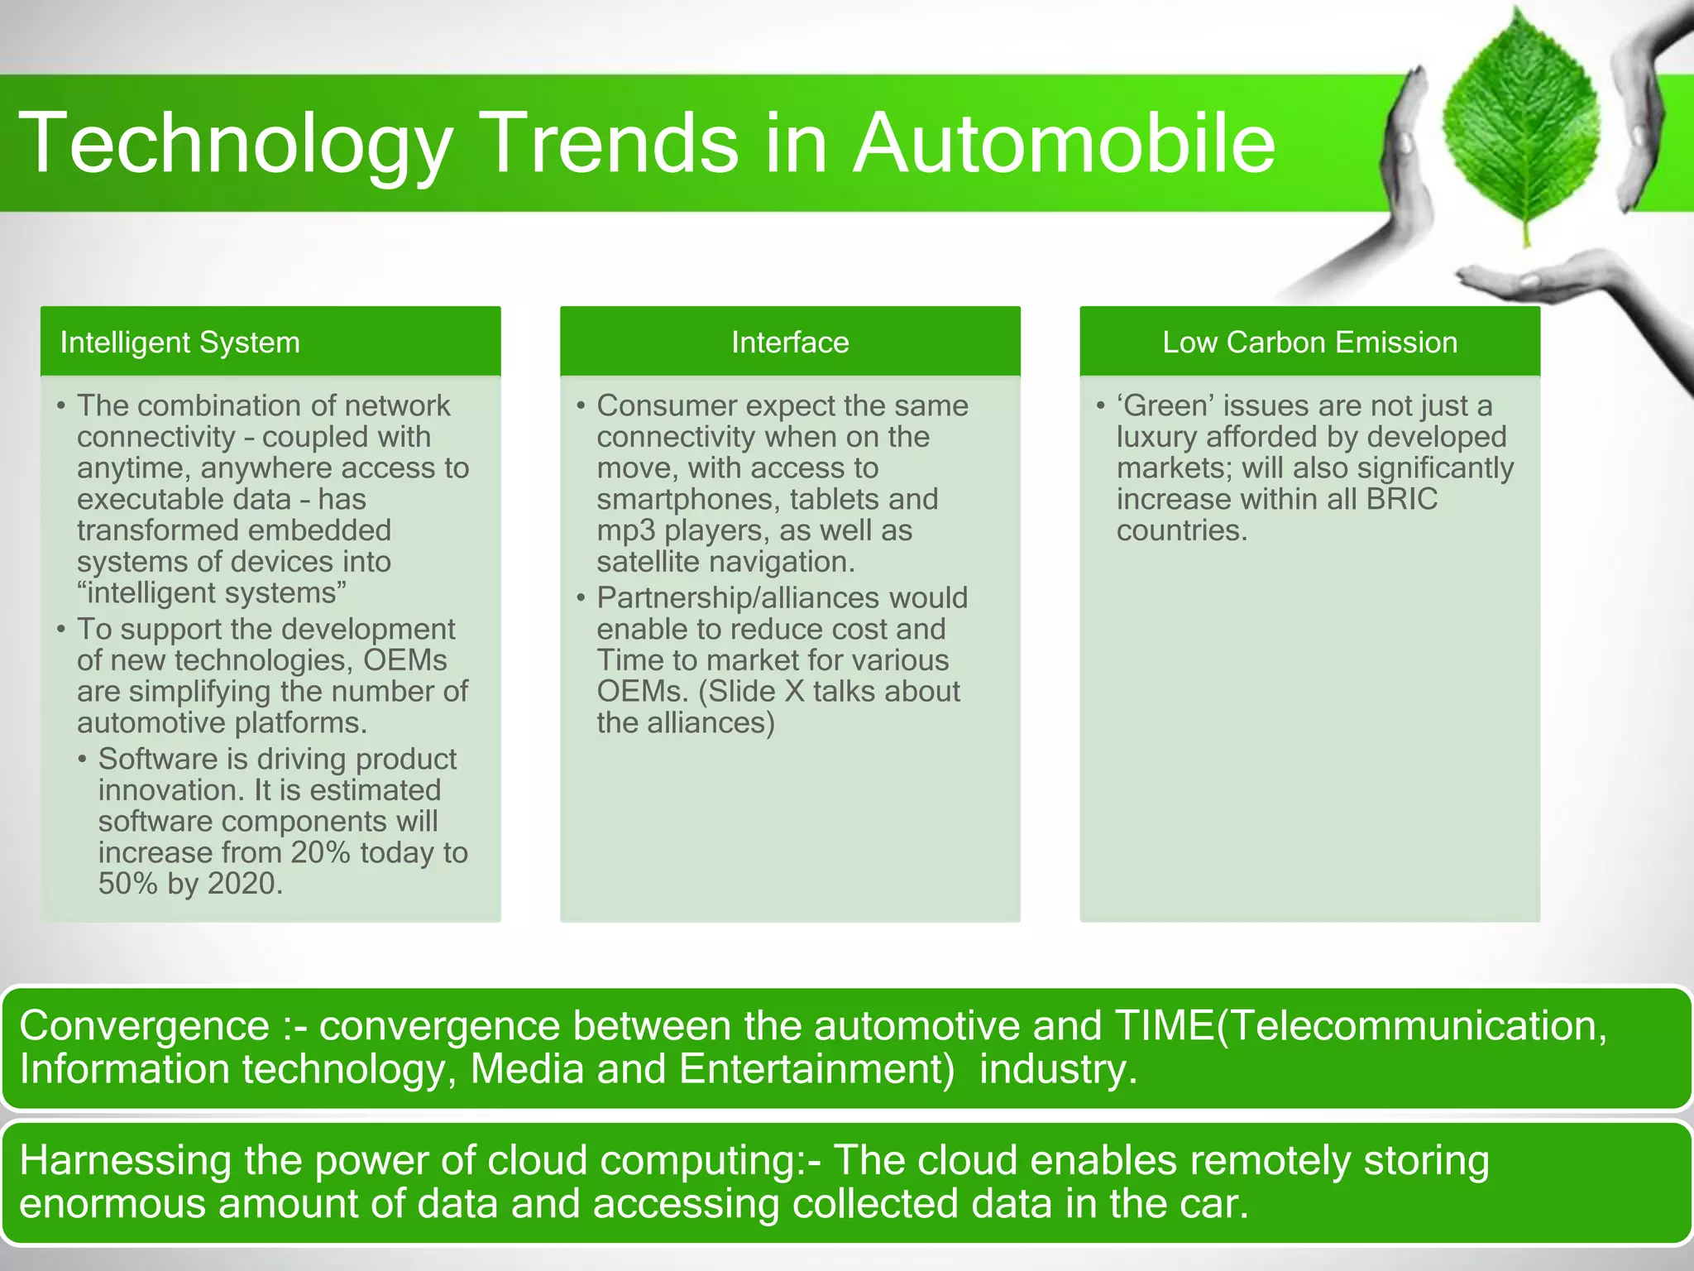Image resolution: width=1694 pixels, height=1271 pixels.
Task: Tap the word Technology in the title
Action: [x=236, y=143]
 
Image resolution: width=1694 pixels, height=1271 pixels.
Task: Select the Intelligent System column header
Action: [x=179, y=343]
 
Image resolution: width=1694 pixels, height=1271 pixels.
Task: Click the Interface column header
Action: [x=790, y=343]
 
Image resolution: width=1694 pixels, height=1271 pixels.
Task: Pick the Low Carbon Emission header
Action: [x=1309, y=343]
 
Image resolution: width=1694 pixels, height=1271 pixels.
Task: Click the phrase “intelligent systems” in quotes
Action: [x=212, y=593]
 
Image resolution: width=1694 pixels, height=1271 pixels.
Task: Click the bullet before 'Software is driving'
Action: [x=83, y=759]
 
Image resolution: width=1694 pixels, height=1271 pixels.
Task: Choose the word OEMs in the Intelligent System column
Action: [x=405, y=660]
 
